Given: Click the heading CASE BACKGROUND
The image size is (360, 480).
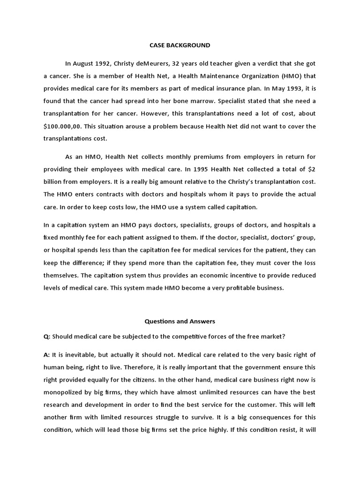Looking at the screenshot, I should [180, 45].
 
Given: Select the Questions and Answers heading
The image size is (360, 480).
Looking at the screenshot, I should [180, 322].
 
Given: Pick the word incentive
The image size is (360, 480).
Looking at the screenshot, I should [238, 275].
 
